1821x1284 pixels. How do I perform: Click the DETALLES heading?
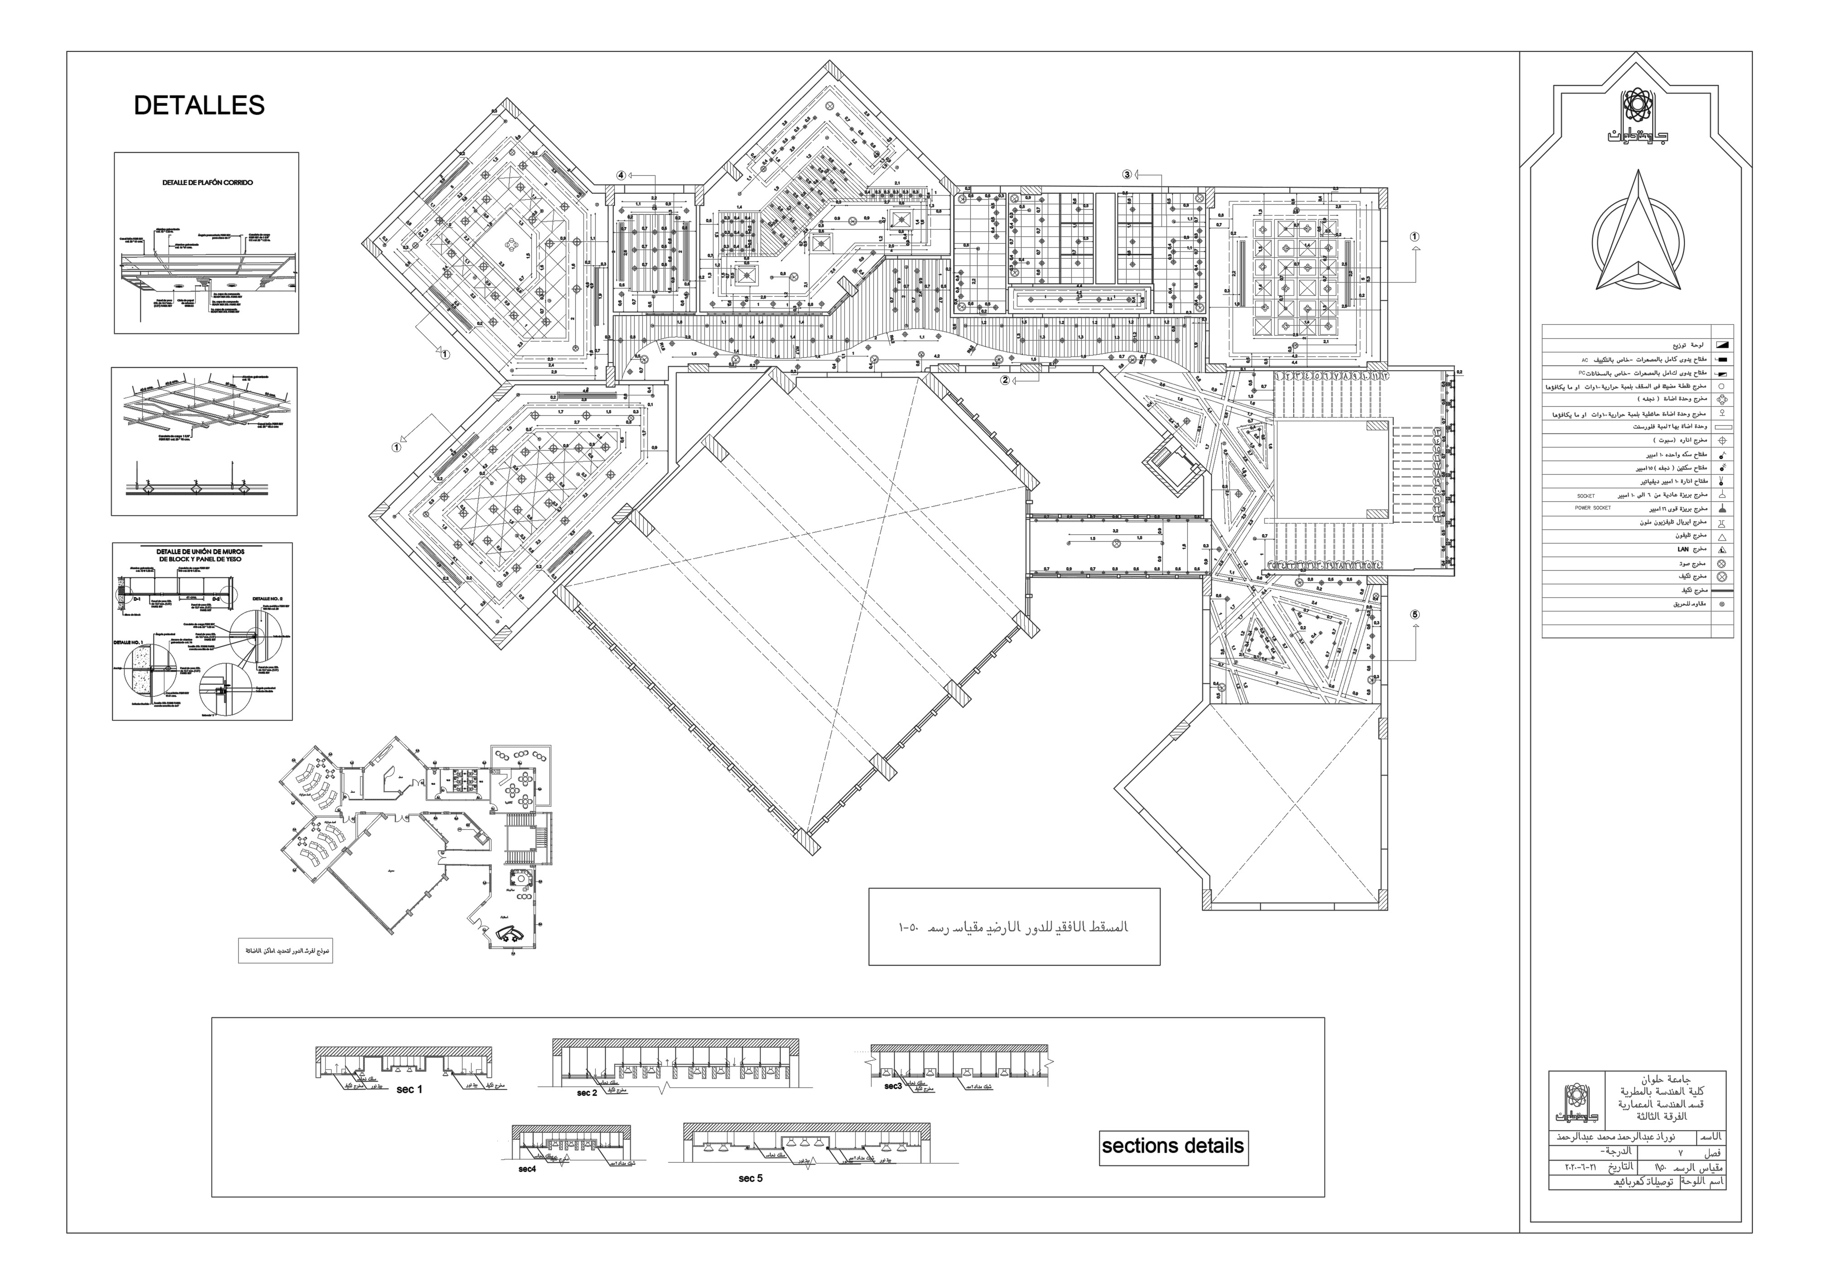pyautogui.click(x=198, y=106)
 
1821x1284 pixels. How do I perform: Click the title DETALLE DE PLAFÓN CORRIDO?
pyautogui.click(x=207, y=183)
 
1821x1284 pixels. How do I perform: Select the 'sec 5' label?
pyautogui.click(x=750, y=1178)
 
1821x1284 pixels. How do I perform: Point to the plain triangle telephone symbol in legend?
pyautogui.click(x=1723, y=536)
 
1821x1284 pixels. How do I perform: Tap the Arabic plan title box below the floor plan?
pyautogui.click(x=1014, y=926)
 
